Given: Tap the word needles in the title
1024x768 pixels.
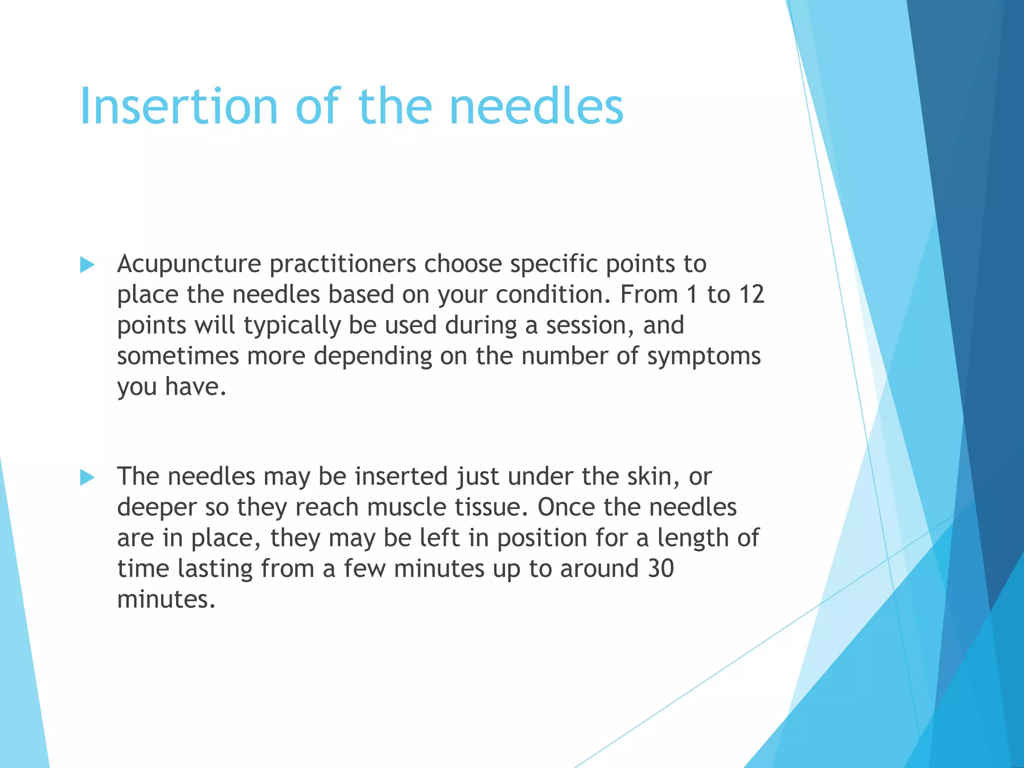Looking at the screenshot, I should (x=536, y=106).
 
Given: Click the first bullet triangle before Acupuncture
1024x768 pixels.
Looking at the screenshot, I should (x=87, y=265).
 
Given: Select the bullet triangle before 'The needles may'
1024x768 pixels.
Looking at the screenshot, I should (x=87, y=477).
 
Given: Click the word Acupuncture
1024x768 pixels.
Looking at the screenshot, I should (x=189, y=264).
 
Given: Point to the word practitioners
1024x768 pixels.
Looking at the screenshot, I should (x=342, y=264).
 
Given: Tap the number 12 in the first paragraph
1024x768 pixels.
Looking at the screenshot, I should (x=751, y=294).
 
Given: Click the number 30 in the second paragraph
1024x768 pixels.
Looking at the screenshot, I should (x=660, y=568).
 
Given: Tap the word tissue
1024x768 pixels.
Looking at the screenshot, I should (x=490, y=507).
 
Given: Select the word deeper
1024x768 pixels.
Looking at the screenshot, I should (x=157, y=508).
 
